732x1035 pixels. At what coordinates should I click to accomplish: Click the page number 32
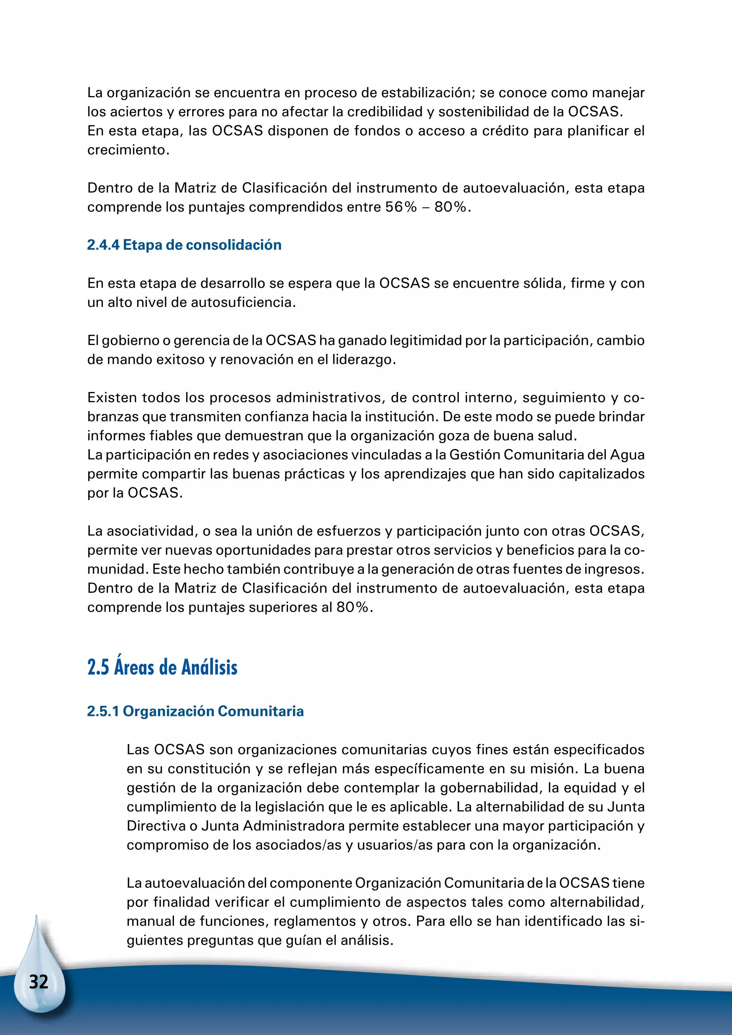point(38,981)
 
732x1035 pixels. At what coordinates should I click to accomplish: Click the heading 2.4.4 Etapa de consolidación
point(184,245)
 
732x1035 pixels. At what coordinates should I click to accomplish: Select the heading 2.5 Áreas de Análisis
point(162,667)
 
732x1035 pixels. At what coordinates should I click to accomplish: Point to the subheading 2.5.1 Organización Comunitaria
point(195,711)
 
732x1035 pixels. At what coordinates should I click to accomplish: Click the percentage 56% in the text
point(401,207)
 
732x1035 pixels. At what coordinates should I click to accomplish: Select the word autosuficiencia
point(243,302)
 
